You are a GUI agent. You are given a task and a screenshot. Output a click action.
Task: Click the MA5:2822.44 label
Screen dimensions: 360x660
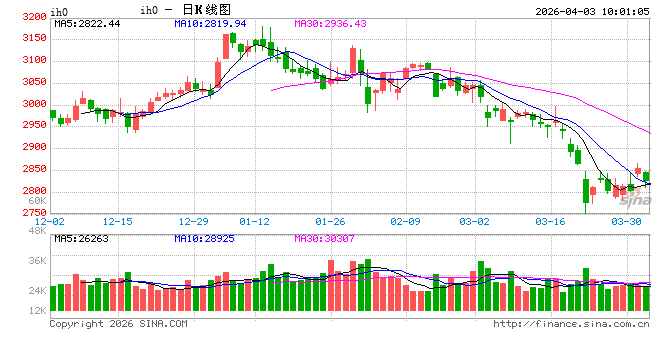(87, 23)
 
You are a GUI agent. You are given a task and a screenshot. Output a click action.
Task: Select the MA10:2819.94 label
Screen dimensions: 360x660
(209, 23)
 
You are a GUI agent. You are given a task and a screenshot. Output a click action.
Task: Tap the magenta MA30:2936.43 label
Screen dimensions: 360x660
(330, 23)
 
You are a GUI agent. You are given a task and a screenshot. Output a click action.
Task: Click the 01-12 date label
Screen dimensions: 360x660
(257, 221)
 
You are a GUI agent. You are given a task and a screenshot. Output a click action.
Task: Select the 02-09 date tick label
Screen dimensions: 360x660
(405, 221)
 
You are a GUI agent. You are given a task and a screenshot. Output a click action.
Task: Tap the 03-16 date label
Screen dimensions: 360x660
(552, 221)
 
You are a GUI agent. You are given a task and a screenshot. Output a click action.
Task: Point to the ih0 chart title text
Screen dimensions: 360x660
(148, 10)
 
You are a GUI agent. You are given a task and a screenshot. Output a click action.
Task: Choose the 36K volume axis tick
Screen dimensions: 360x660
(36, 261)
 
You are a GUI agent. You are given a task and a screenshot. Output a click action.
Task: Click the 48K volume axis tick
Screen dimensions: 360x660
(36, 231)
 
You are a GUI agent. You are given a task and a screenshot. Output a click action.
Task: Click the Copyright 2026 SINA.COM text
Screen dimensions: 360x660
(118, 323)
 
